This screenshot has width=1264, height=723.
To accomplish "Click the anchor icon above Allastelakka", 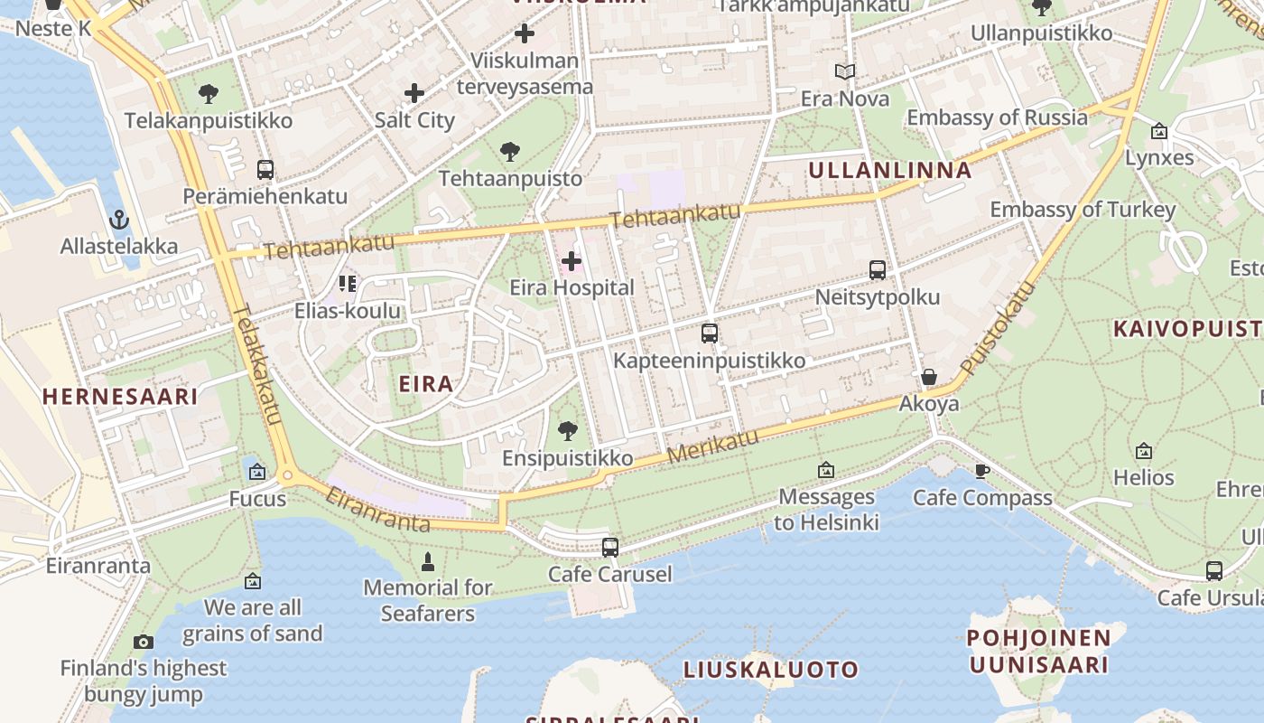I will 118,220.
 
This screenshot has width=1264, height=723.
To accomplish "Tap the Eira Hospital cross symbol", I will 572,262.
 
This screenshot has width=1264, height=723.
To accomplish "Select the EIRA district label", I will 426,384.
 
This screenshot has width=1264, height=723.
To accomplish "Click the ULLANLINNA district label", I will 890,170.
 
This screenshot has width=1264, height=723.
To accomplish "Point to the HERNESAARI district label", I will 120,396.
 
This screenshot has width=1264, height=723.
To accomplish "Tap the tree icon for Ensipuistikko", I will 568,431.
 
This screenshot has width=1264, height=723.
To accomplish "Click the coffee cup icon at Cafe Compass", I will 982,471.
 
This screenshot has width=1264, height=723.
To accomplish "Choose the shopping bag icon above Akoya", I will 928,377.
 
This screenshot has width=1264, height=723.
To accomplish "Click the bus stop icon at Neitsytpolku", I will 877,269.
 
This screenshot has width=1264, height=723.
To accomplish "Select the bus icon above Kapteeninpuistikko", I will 710,333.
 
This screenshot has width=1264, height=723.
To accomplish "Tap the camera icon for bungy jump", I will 144,642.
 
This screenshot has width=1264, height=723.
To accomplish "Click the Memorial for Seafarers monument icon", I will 428,562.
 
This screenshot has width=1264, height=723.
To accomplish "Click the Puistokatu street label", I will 999,328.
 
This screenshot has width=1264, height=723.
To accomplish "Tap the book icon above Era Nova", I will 845,71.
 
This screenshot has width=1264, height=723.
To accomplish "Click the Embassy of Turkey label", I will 1083,210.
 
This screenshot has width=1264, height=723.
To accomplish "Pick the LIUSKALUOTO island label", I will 770,670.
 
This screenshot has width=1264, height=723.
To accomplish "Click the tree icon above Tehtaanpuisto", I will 510,151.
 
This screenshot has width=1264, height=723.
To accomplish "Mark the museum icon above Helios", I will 1144,450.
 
